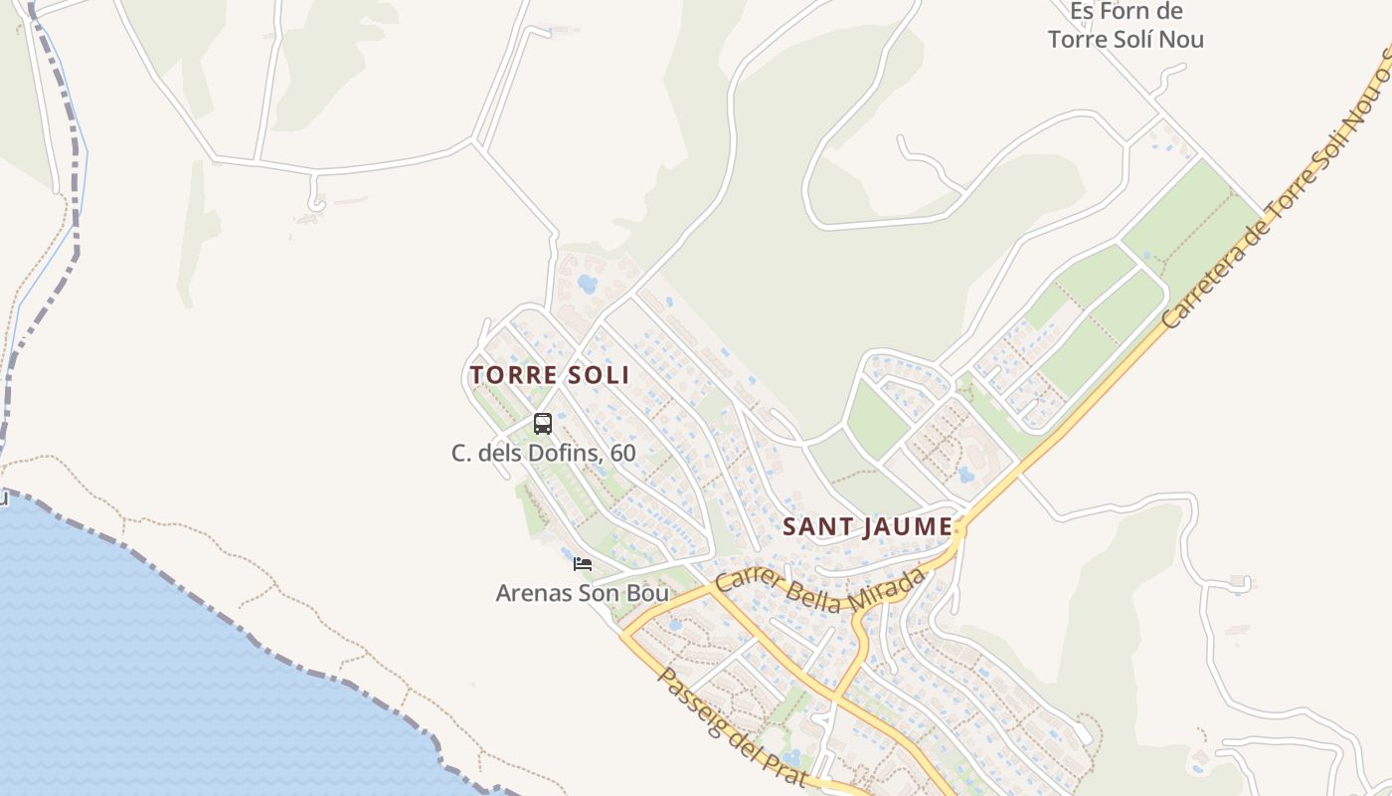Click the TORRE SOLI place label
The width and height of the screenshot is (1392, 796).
(550, 375)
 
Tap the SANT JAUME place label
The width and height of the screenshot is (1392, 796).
(867, 526)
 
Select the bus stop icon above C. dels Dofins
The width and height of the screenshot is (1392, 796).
(543, 424)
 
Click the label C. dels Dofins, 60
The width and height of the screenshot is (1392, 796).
(543, 453)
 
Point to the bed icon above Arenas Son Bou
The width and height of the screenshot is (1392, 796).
(583, 564)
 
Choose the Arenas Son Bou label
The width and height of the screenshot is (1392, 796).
(583, 593)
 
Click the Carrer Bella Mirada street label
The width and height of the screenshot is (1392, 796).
(820, 591)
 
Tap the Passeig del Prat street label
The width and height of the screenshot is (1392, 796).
(731, 726)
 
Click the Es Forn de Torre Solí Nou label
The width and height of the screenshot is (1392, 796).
(1126, 26)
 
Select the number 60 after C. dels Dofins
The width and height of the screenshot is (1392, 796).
(622, 453)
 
